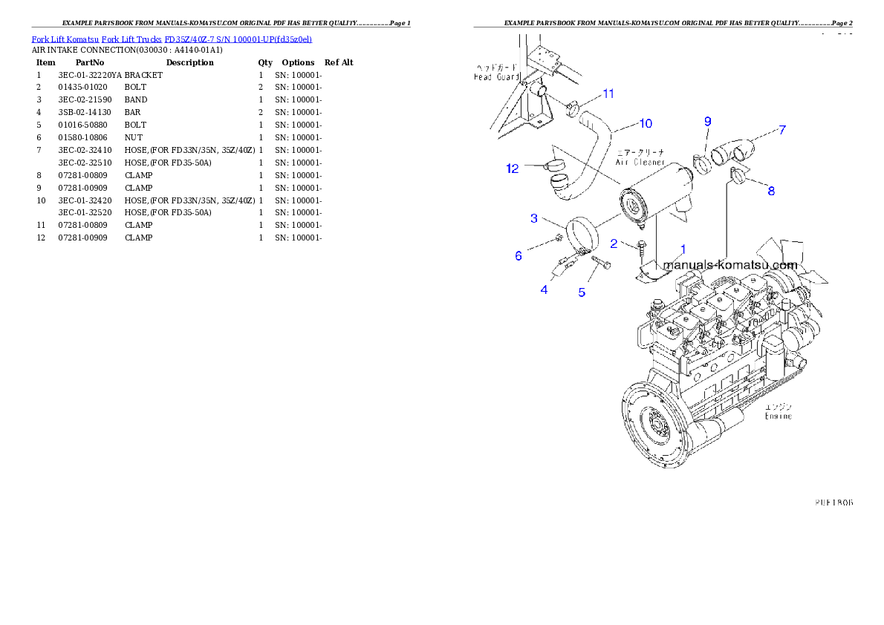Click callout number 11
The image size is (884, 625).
point(608,94)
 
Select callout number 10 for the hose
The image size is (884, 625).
point(645,122)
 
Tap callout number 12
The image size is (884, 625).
point(513,168)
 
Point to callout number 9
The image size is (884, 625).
point(707,121)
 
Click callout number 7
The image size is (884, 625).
point(781,130)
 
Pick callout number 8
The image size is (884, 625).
point(771,191)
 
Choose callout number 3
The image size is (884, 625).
point(534,218)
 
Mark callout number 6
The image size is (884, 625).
point(519,256)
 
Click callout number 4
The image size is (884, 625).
point(545,289)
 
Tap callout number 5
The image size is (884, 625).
point(582,292)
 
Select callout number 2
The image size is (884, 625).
point(614,243)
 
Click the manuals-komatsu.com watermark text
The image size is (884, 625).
point(729,265)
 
